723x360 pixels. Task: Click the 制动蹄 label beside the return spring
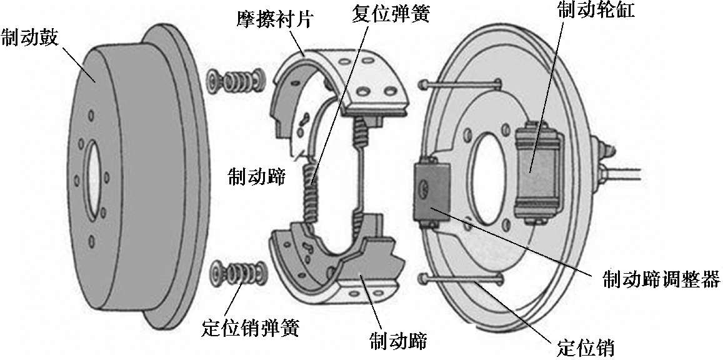click(256, 177)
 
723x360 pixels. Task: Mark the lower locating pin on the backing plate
click(459, 279)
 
